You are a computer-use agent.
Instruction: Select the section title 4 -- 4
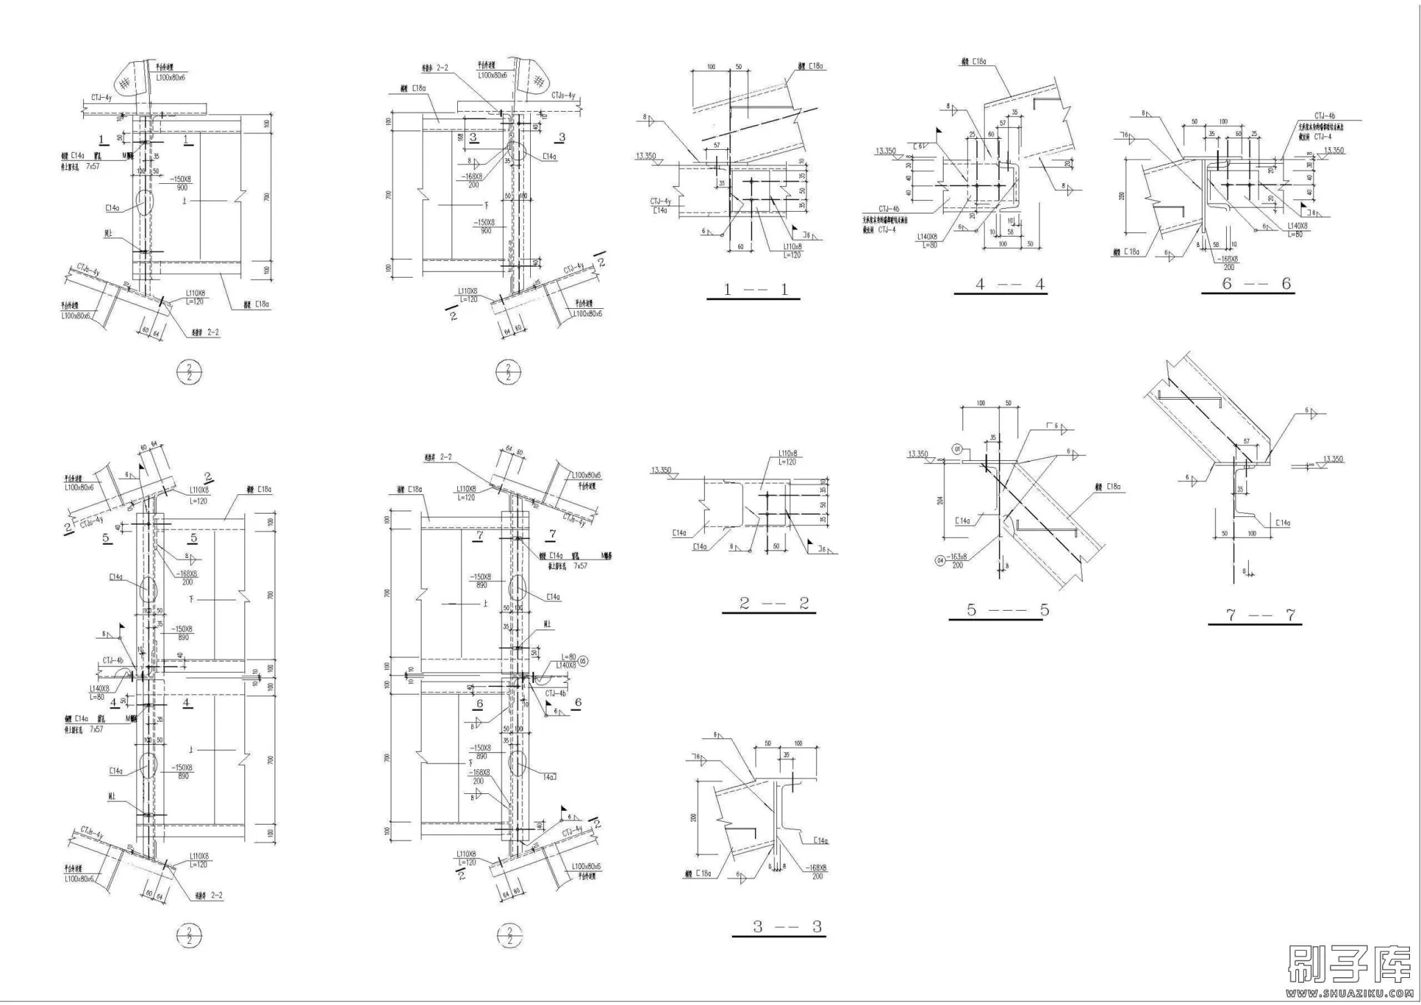1000,285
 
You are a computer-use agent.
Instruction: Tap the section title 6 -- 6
1248,284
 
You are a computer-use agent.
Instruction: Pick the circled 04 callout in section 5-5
941,559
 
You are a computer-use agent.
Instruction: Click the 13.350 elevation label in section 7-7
1333,459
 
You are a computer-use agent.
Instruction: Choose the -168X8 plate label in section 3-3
817,868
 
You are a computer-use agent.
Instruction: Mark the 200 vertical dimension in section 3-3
694,818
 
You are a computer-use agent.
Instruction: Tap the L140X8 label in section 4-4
927,237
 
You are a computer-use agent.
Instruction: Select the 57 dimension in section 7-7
1246,441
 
